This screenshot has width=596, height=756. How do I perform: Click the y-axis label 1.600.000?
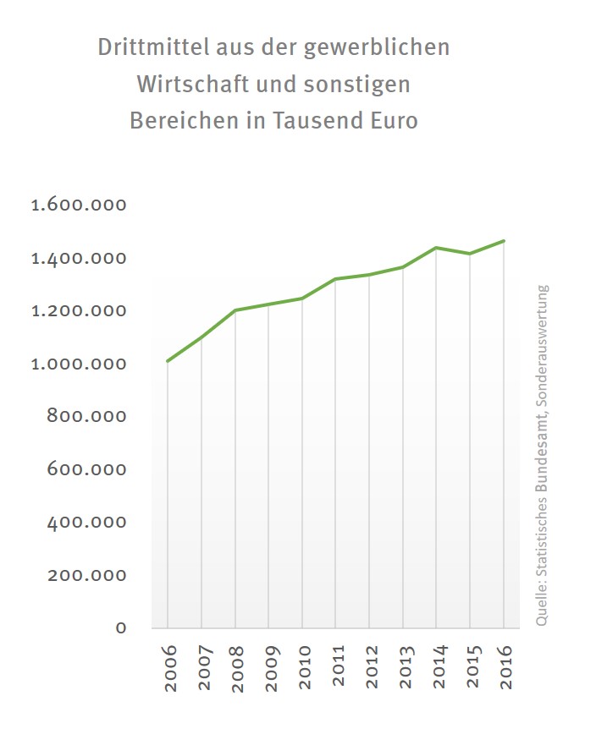(x=79, y=205)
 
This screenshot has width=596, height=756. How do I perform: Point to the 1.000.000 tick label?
(x=79, y=364)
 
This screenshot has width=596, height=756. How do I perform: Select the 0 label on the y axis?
(x=121, y=627)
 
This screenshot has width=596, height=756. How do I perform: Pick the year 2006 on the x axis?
(x=168, y=668)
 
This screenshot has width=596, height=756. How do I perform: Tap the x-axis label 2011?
(x=336, y=668)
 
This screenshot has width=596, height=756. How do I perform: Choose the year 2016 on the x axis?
(x=505, y=668)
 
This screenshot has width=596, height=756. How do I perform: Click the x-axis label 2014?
(x=437, y=668)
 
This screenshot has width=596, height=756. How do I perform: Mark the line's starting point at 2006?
(x=168, y=361)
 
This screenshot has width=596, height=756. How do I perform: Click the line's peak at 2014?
(x=436, y=248)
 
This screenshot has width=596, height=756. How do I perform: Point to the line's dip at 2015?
(x=470, y=254)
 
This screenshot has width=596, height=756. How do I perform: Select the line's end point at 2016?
(x=504, y=241)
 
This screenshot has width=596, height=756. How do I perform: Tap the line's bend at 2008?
(x=235, y=310)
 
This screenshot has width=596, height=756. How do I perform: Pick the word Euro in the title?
(x=394, y=121)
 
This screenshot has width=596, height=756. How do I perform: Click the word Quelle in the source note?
(x=542, y=606)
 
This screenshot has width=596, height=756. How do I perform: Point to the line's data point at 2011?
(x=335, y=279)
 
